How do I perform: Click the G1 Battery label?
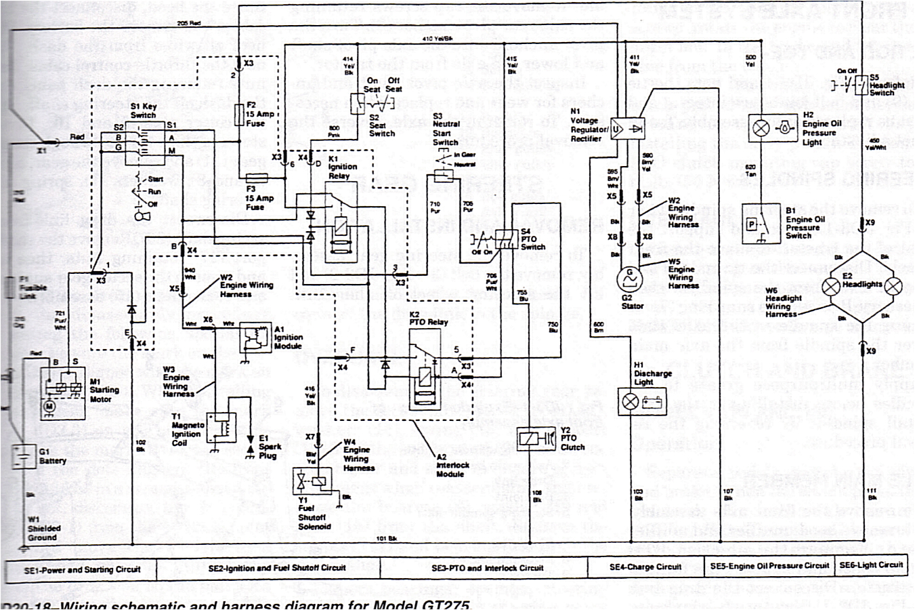[52, 456]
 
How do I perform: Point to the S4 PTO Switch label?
[532, 239]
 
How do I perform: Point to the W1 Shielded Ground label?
[44, 529]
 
